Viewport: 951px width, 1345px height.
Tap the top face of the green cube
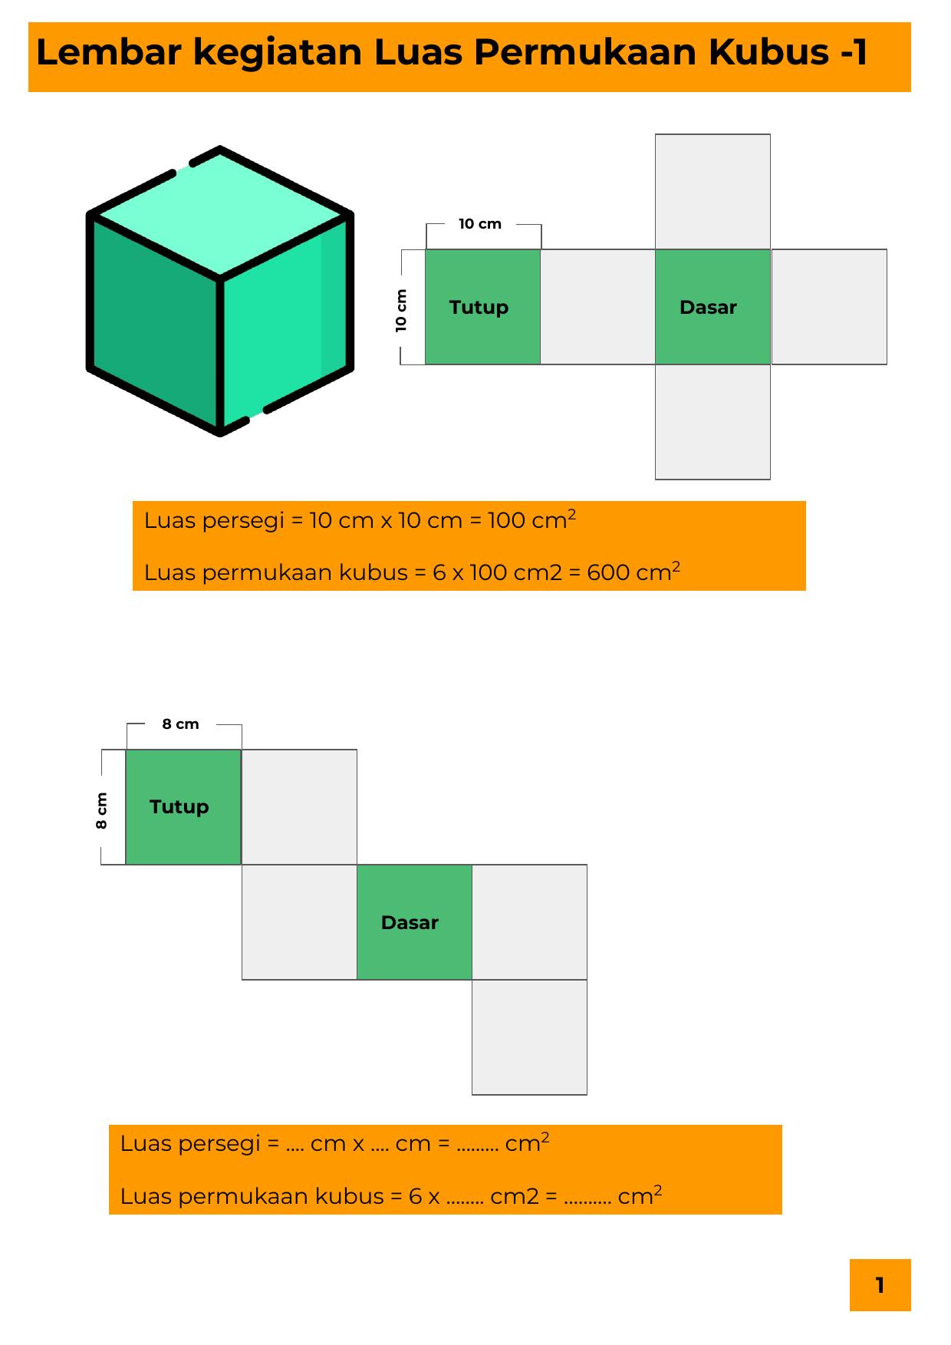click(220, 213)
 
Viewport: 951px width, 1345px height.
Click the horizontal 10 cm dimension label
click(480, 224)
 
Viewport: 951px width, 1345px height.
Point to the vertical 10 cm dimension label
click(401, 310)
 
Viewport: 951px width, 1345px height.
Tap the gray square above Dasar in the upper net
click(712, 192)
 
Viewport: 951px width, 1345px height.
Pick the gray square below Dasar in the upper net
click(712, 422)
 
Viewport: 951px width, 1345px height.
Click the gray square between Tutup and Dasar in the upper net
click(597, 307)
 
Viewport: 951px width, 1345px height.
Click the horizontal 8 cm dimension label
click(180, 724)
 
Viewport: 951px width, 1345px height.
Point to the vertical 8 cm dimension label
click(101, 810)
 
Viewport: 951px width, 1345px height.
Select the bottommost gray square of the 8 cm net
click(529, 1037)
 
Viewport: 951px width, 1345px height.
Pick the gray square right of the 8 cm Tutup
click(299, 807)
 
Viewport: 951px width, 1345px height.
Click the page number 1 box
click(880, 1285)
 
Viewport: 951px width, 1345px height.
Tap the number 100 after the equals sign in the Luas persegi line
click(507, 521)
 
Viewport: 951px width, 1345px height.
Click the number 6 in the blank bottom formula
click(416, 1197)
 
